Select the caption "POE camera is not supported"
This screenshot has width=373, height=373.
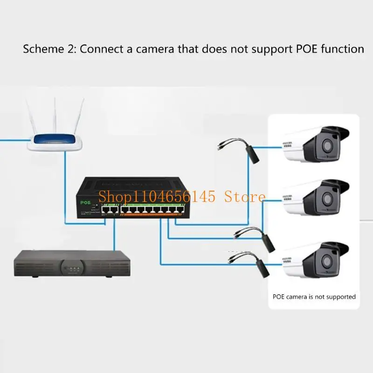(x=314, y=297)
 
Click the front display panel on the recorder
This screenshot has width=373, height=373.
(x=71, y=268)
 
